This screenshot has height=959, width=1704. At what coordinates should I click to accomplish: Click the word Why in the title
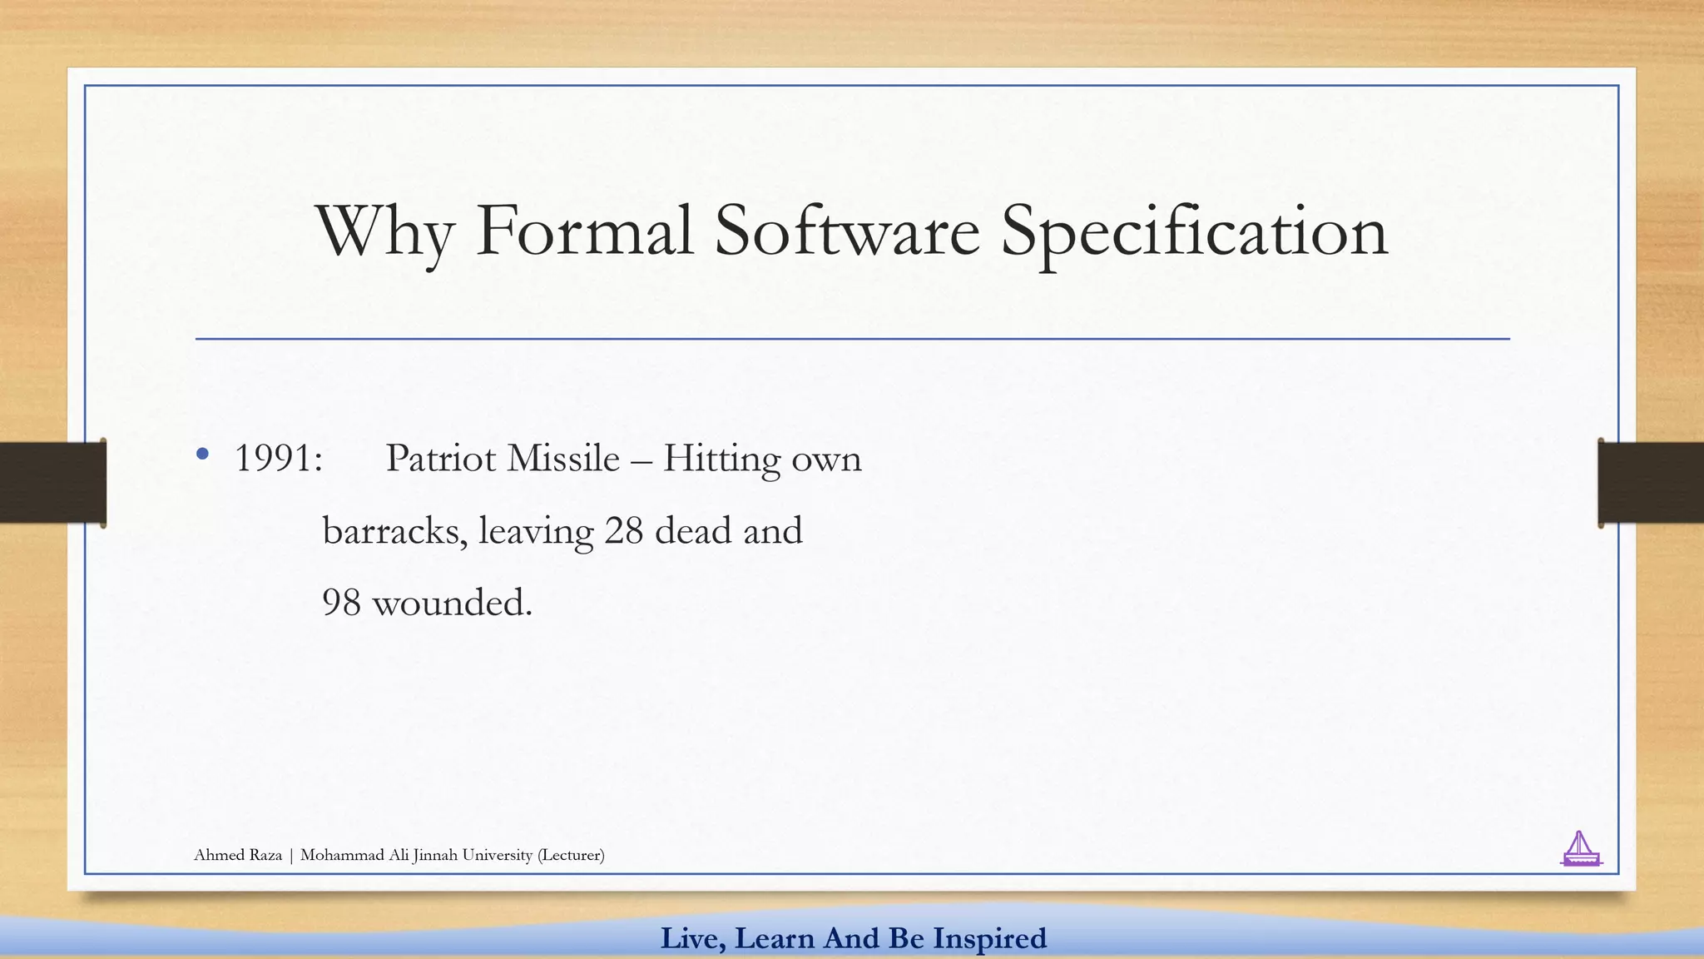point(384,231)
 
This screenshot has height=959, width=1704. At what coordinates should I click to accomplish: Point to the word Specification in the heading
point(1194,231)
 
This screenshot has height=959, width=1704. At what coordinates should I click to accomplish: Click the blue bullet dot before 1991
point(202,455)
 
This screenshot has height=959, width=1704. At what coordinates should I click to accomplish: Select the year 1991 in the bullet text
point(278,459)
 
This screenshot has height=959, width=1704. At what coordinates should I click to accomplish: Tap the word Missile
point(563,459)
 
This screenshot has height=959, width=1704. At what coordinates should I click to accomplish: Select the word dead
point(693,531)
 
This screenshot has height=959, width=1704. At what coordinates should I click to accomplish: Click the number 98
point(341,603)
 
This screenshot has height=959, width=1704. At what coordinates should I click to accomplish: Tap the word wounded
point(451,603)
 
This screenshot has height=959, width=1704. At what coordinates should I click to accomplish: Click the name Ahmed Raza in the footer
point(238,855)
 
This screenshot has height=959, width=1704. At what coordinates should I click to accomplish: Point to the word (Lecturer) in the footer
point(571,855)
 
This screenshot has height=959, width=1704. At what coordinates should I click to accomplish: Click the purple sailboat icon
point(1580,849)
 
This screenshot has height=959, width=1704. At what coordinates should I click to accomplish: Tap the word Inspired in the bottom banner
point(989,938)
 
